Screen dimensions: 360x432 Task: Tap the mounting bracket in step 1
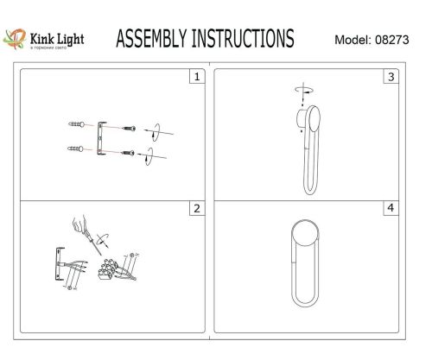click(103, 137)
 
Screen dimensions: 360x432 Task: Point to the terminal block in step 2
click(109, 270)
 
